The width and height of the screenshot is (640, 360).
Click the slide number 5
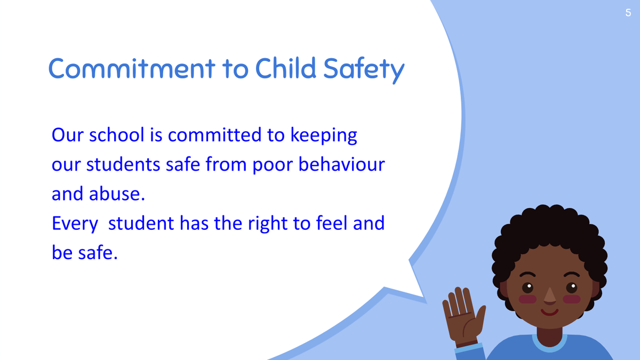click(x=628, y=13)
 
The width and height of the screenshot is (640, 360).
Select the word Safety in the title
click(x=364, y=70)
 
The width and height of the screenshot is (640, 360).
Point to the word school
click(x=117, y=134)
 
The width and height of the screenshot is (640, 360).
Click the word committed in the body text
click(x=214, y=134)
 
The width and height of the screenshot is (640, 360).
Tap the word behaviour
click(x=342, y=164)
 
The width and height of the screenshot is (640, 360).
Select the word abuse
click(x=117, y=194)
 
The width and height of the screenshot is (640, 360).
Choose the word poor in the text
click(x=273, y=166)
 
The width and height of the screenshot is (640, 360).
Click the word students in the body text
click(x=123, y=164)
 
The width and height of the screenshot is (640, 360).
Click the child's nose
click(x=549, y=295)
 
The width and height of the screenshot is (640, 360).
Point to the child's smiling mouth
click(x=549, y=312)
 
